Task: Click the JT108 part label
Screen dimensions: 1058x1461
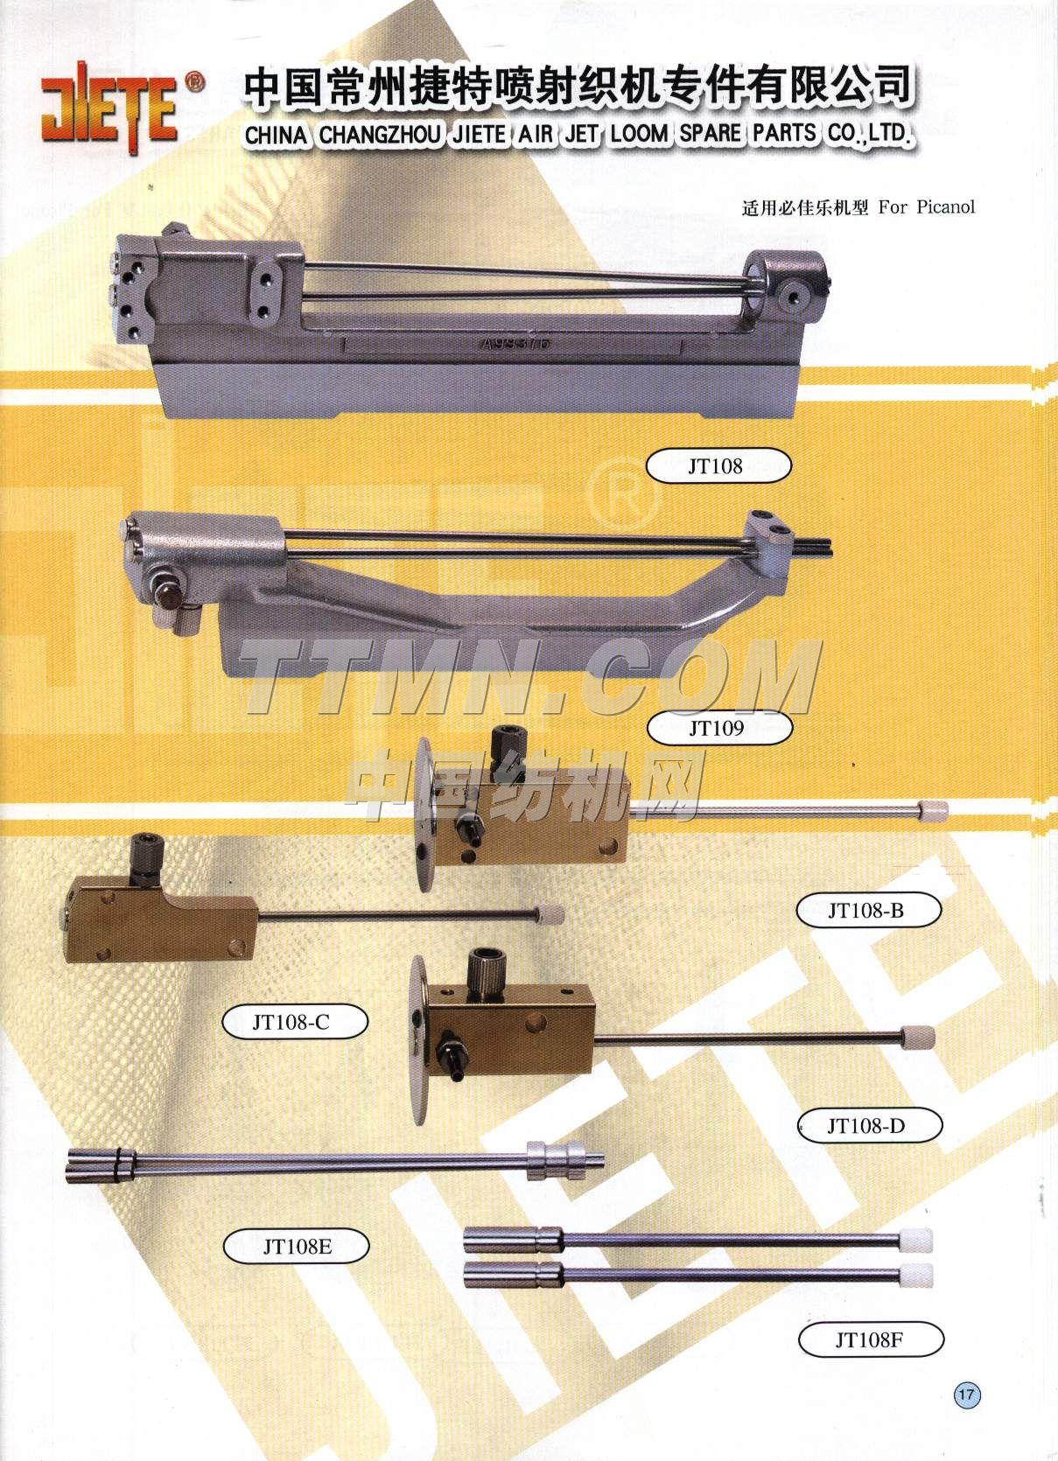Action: coord(718,465)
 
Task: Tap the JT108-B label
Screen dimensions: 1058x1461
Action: coord(868,910)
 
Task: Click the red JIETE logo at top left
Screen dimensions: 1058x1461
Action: coord(109,108)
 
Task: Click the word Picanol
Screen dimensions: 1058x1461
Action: coord(946,207)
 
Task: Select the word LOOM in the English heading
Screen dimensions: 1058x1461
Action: coord(640,135)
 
